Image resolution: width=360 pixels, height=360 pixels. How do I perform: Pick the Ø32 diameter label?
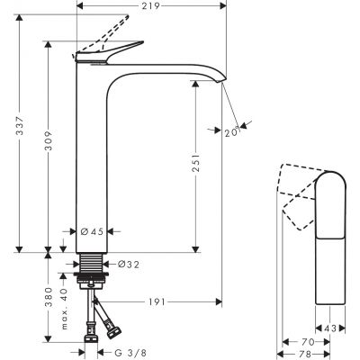coord(130,265)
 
